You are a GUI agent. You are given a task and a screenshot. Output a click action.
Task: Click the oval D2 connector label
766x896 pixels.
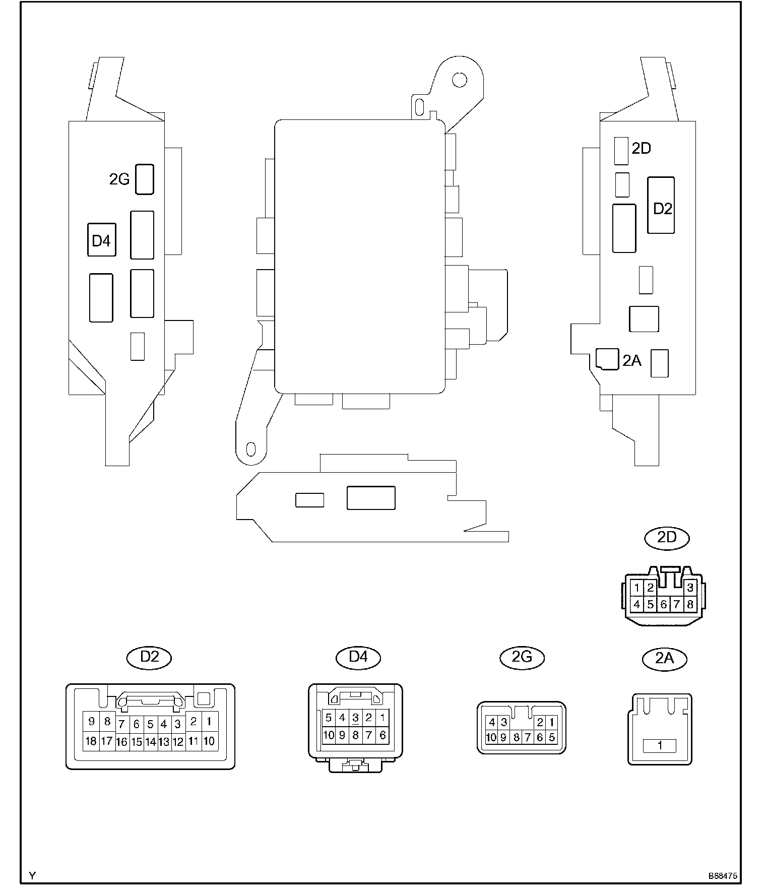[x=150, y=657]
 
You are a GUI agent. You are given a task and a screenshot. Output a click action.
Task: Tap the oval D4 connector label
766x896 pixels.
[x=358, y=657]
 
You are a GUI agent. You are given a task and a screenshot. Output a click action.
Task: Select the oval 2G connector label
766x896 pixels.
[x=522, y=657]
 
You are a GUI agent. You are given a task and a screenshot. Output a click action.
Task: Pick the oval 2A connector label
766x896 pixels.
[x=665, y=658]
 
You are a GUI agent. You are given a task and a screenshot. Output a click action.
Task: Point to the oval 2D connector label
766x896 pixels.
[x=667, y=538]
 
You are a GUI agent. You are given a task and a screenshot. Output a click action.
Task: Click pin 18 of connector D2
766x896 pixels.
[x=91, y=741]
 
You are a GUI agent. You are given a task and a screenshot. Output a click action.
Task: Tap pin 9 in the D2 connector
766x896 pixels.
[x=91, y=721]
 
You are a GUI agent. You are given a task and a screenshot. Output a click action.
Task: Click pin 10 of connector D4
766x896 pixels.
[x=329, y=735]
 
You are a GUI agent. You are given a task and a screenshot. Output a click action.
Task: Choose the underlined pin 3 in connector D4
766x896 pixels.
[x=355, y=718]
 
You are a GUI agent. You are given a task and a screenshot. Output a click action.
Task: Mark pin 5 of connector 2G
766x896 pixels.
[x=552, y=737]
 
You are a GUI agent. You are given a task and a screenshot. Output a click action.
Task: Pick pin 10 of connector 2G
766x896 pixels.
[x=491, y=737]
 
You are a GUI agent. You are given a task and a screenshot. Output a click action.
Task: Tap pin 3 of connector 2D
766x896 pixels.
[x=690, y=587]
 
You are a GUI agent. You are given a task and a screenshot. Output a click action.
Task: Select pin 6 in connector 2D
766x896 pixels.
[x=664, y=604]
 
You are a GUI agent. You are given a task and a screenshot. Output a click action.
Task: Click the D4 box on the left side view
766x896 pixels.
[x=101, y=240]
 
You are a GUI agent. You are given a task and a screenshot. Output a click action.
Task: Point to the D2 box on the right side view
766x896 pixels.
[x=661, y=205]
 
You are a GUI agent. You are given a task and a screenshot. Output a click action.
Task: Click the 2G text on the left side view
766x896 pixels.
[x=119, y=179]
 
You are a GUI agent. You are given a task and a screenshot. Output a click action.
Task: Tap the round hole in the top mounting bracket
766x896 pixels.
[x=459, y=79]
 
